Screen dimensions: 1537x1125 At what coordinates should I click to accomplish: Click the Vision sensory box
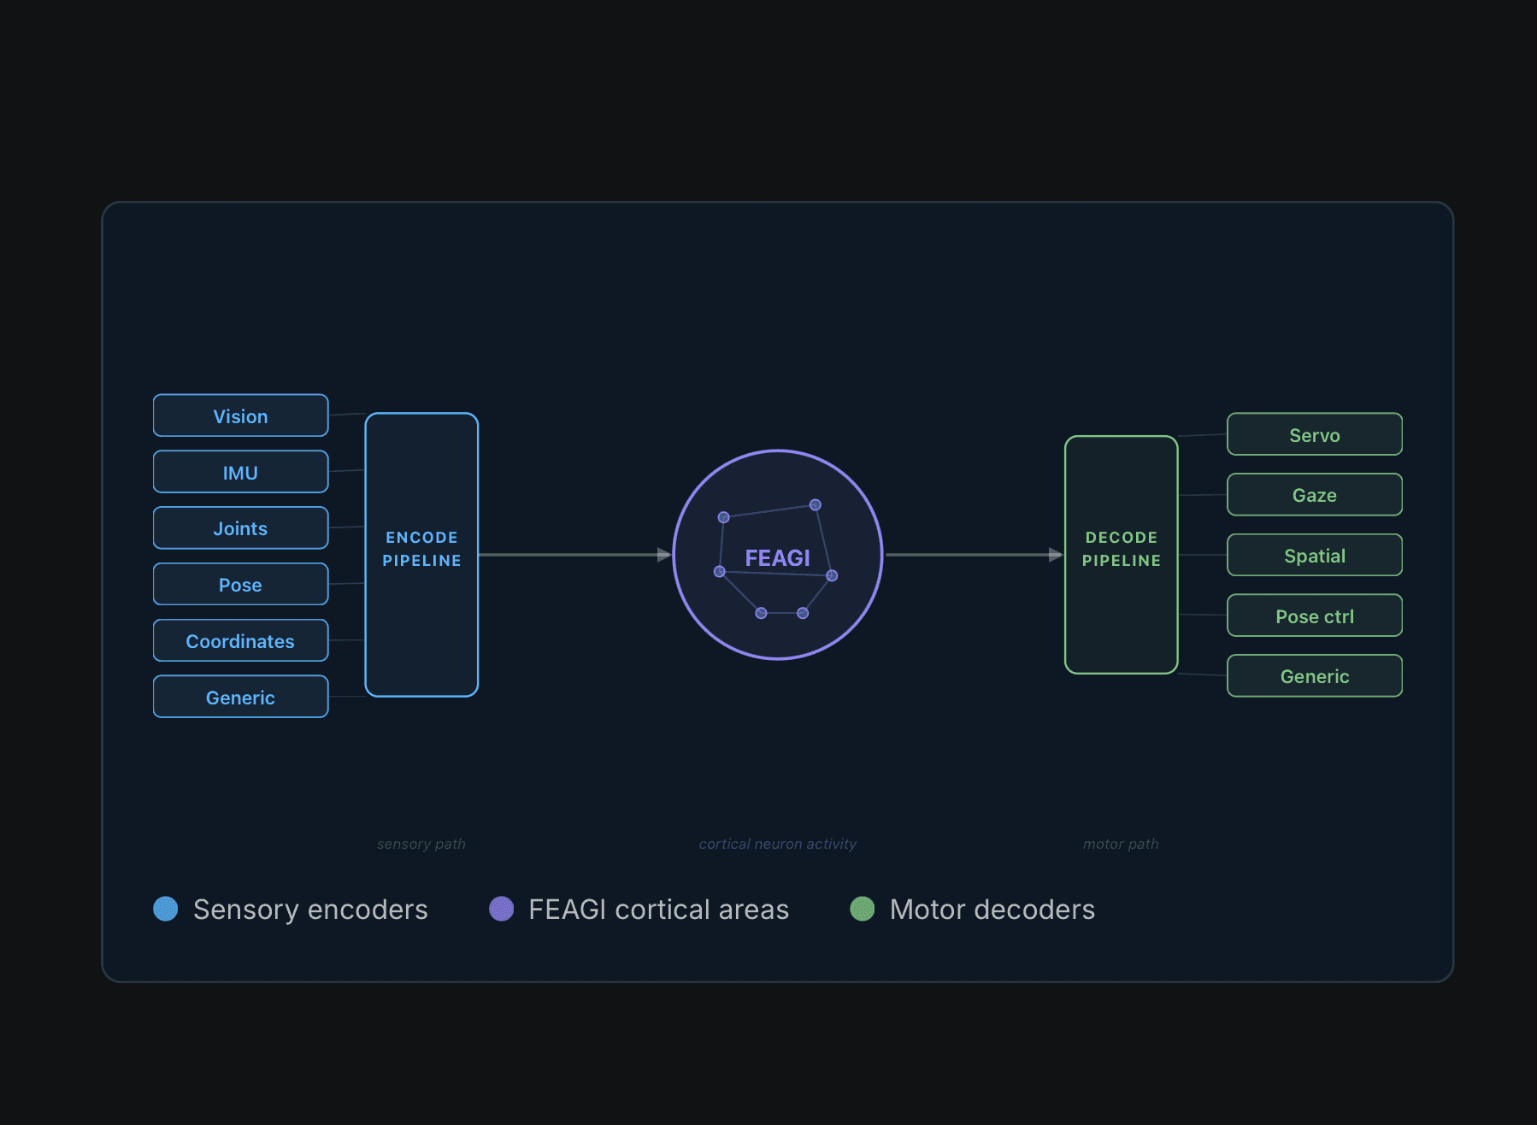(240, 415)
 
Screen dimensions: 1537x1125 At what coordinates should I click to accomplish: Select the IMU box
(240, 472)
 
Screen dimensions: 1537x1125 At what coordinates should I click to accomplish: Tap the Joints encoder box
(240, 528)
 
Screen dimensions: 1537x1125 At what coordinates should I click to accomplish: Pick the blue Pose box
(240, 585)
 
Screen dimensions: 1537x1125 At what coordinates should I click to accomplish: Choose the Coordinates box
(240, 641)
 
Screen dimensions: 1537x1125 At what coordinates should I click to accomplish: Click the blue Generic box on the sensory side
(240, 697)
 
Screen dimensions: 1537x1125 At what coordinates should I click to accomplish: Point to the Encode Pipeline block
(421, 555)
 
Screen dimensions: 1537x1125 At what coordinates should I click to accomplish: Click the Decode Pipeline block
(1122, 555)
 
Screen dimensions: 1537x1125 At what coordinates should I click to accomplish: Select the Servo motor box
(1315, 434)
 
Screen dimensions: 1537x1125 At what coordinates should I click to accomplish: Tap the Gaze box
(1315, 495)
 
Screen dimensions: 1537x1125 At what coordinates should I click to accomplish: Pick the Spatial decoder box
(1315, 556)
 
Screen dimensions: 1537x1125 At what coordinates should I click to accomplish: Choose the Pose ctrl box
(1315, 616)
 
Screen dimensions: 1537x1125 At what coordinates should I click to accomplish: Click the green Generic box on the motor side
(1315, 676)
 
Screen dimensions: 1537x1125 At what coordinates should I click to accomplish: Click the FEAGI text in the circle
(777, 558)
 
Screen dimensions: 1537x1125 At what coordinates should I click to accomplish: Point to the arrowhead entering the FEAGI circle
(664, 555)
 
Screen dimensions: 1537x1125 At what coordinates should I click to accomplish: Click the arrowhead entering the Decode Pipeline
(1056, 555)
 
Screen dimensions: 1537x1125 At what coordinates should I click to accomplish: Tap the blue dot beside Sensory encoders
(166, 909)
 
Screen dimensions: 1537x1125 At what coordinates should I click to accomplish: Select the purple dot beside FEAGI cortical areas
(502, 909)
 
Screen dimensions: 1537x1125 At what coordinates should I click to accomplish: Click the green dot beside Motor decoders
(863, 909)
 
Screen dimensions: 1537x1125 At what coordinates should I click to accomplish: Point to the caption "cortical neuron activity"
(778, 844)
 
